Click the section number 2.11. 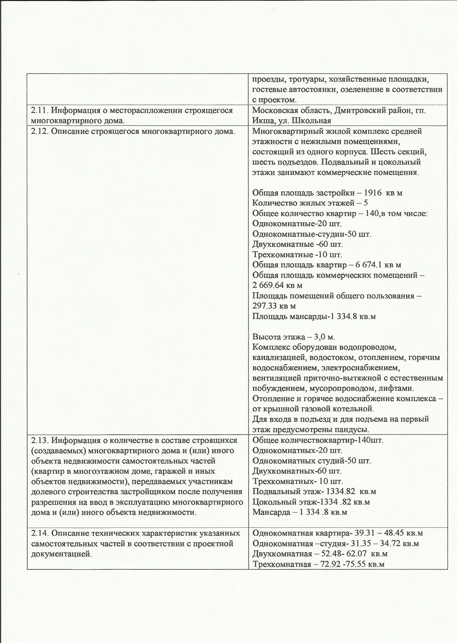(39, 110)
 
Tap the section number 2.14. (39, 533)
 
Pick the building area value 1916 (373, 193)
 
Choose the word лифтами (396, 388)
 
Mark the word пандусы (353, 430)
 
